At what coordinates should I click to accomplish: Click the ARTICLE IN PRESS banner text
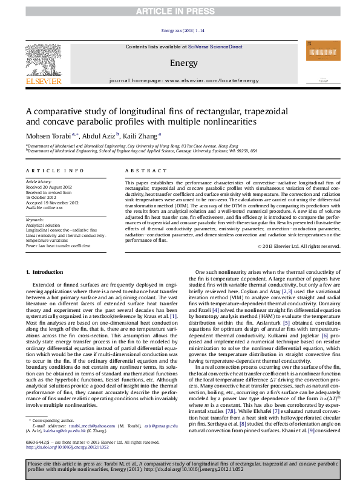pyautogui.click(x=180, y=11)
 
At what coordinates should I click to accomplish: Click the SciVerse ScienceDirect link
pyautogui.click(x=215, y=47)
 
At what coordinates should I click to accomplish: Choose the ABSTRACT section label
pyautogui.click(x=137, y=172)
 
